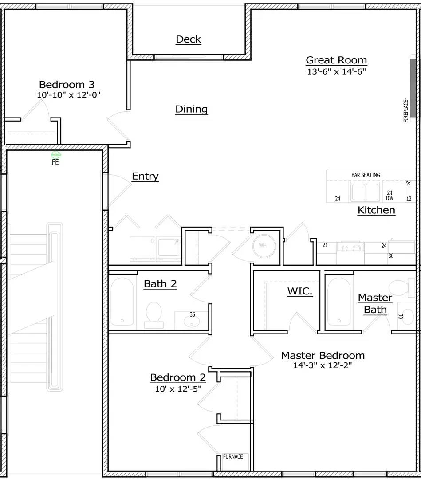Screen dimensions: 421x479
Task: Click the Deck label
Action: (x=189, y=39)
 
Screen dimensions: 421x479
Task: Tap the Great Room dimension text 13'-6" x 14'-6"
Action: (x=336, y=71)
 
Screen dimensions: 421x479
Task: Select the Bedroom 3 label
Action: (x=67, y=84)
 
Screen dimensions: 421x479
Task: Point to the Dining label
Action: (x=192, y=109)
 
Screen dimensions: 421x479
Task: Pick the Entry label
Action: (x=145, y=176)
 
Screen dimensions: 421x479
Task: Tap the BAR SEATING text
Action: (x=366, y=175)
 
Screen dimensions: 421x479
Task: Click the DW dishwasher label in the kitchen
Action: (x=390, y=198)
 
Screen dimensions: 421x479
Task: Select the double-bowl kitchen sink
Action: (x=365, y=192)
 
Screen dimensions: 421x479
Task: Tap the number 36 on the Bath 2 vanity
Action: (x=192, y=314)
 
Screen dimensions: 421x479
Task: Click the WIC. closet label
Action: (x=300, y=291)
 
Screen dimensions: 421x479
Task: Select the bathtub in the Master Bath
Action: (x=339, y=302)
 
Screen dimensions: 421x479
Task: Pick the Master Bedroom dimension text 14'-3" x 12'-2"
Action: (x=323, y=365)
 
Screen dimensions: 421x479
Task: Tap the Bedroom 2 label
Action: (x=178, y=377)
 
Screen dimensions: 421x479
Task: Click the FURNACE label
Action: (x=233, y=456)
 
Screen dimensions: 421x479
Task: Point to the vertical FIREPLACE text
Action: (x=406, y=110)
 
